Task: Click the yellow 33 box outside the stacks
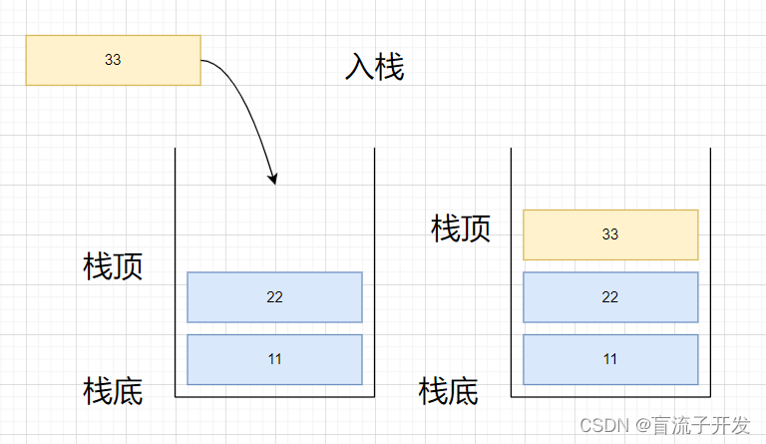point(113,60)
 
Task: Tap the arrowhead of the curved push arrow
point(273,179)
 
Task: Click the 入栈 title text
point(374,67)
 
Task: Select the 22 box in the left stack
point(274,297)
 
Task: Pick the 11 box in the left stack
point(274,359)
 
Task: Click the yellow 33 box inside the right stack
point(610,234)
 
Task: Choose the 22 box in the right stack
point(610,297)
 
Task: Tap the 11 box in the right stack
point(610,359)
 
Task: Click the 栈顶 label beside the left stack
point(113,266)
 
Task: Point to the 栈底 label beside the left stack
point(113,391)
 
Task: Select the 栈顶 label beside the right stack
point(461,228)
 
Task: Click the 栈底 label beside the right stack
point(449,391)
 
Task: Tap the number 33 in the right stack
point(610,234)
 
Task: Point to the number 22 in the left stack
point(274,297)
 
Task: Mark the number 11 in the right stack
point(610,359)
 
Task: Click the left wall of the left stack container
point(176,269)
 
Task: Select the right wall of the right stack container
point(710,269)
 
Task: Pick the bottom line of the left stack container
point(274,396)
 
